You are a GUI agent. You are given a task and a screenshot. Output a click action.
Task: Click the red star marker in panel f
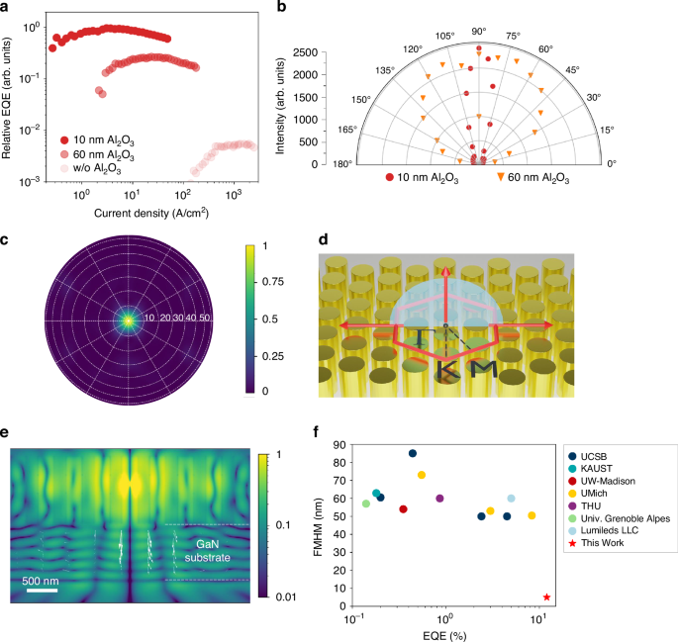[x=546, y=596]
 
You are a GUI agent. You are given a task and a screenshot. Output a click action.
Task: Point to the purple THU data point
[x=439, y=499]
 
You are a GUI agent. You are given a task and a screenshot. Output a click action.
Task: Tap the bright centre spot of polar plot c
[x=128, y=320]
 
